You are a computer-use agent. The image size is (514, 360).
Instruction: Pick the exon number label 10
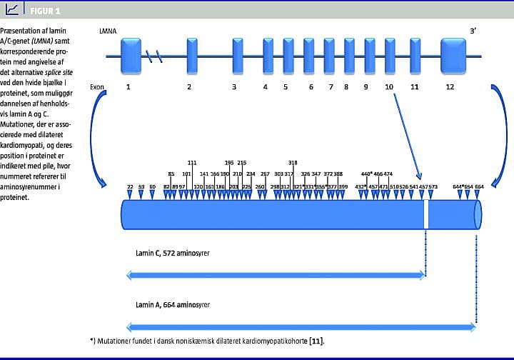(388, 86)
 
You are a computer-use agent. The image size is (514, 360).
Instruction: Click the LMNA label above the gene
(108, 32)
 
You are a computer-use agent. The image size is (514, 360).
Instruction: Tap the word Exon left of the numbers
(97, 86)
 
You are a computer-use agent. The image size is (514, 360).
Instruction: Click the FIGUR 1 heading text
(46, 11)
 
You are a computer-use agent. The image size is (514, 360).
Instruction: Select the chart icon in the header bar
(13, 9)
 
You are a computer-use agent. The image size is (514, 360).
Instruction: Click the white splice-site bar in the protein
(427, 214)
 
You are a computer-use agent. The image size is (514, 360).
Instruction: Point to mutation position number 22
(130, 186)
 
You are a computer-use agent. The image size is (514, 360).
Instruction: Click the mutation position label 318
(293, 163)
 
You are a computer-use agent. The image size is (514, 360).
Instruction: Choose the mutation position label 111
(192, 163)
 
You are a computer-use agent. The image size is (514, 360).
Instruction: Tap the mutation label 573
(433, 186)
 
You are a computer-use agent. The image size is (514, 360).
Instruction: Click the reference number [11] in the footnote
(323, 341)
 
